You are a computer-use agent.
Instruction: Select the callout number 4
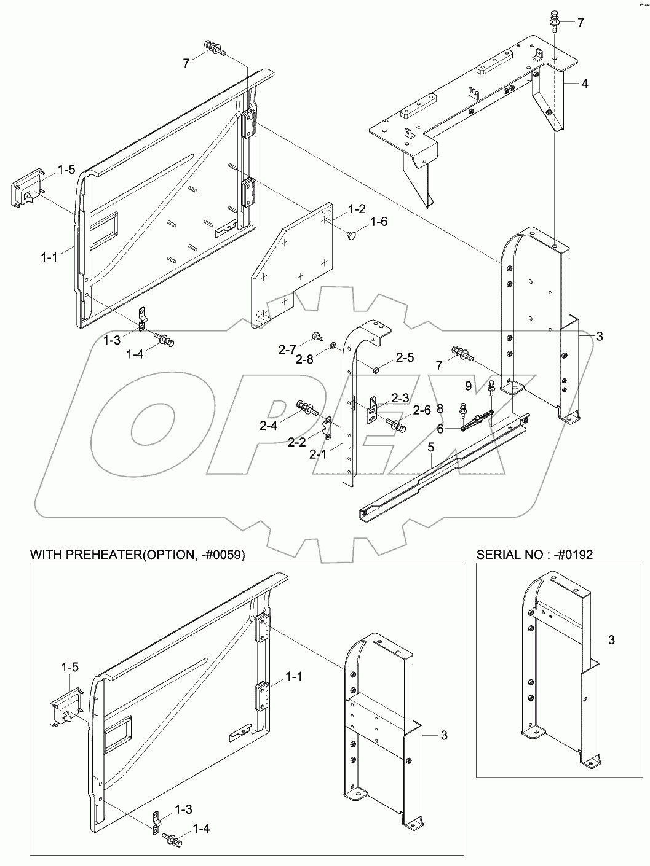click(584, 83)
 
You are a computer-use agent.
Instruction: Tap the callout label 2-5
click(404, 357)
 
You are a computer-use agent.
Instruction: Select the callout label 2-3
click(401, 397)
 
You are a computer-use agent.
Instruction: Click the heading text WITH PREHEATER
click(138, 555)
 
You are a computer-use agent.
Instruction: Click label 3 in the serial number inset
click(611, 640)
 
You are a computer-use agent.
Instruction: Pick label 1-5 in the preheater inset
click(69, 666)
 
